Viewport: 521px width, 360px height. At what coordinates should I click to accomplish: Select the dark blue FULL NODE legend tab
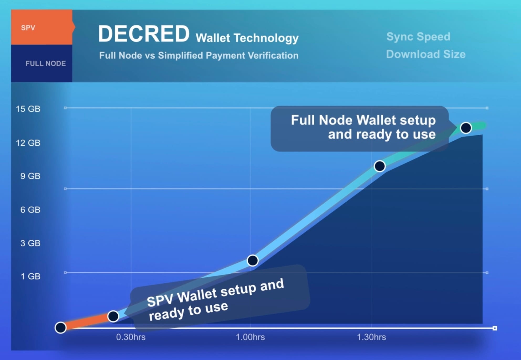tap(41, 63)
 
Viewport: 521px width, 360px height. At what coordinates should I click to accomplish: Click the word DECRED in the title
tap(144, 34)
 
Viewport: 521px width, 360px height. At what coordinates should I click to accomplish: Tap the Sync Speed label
tap(418, 36)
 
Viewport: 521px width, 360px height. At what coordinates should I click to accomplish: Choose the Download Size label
tap(426, 54)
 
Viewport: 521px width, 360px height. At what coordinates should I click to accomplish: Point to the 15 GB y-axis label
tap(28, 109)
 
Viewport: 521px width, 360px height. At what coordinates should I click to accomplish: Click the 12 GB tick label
tap(28, 143)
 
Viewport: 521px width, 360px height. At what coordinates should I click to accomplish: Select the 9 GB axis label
tap(30, 176)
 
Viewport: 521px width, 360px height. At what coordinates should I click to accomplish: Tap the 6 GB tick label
tap(30, 210)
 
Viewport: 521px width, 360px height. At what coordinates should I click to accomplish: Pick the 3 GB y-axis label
tap(30, 243)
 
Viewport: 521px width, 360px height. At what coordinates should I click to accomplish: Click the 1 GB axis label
tap(30, 276)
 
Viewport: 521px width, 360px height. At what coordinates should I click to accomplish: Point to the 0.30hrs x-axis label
tap(131, 337)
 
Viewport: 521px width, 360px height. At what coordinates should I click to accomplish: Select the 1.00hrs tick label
tap(250, 337)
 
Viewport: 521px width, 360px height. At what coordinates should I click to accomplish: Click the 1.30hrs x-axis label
tap(371, 337)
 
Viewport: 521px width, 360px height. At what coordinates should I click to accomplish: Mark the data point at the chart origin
tap(61, 327)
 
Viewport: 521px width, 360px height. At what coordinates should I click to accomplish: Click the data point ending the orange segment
tap(113, 316)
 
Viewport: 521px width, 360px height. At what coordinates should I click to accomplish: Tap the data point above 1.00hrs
tap(253, 261)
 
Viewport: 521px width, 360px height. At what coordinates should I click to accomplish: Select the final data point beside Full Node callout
tap(466, 128)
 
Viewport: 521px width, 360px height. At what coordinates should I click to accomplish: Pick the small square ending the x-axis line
tap(495, 328)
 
